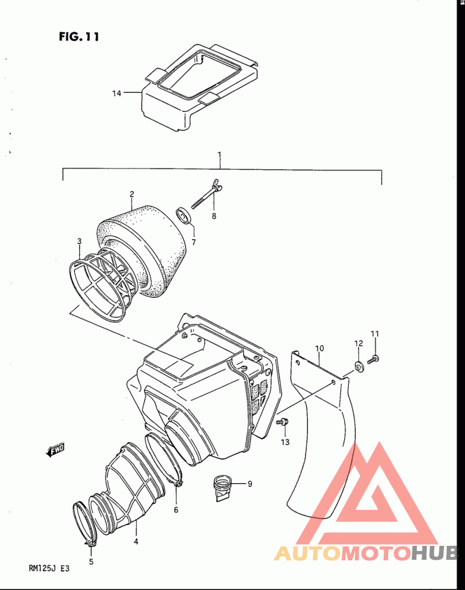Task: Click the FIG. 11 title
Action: [79, 37]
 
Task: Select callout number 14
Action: [117, 93]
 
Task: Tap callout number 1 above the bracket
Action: [220, 154]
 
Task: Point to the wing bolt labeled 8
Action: [205, 194]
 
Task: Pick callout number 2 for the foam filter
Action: [132, 194]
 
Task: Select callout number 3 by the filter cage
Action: [79, 241]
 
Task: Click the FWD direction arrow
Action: [55, 449]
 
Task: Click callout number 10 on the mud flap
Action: [319, 348]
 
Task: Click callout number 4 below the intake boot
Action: [136, 541]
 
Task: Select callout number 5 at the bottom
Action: [91, 562]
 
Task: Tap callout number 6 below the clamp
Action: [176, 510]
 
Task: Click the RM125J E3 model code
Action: [49, 568]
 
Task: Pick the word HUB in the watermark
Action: [435, 553]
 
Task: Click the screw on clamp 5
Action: [90, 544]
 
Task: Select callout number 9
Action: [249, 484]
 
